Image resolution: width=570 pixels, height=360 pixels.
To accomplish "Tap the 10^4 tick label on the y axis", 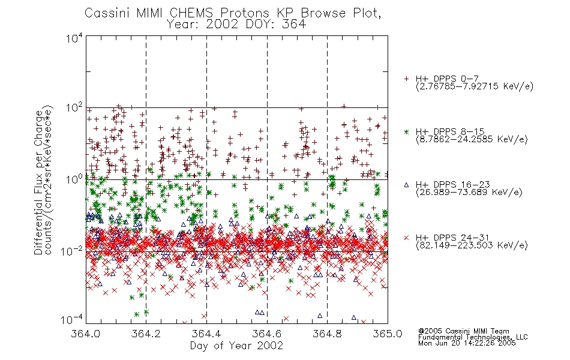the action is pos(74,38).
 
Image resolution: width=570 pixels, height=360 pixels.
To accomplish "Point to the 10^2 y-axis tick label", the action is pos(74,108).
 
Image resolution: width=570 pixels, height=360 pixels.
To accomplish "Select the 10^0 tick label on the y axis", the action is pos(74,179).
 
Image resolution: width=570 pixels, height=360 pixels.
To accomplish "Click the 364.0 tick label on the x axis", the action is pos(85,334).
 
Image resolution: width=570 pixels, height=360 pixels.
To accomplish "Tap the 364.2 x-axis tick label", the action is pos(146,334).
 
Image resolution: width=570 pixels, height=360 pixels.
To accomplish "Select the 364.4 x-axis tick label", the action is pos(206,334).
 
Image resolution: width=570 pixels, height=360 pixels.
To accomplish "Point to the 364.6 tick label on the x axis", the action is pos(266,334).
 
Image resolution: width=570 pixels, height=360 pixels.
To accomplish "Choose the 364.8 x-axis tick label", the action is pos(327,334).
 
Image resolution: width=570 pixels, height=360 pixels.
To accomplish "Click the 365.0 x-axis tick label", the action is pos(387,334).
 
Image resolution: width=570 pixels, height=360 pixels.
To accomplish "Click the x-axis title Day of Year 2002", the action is pos(236,346).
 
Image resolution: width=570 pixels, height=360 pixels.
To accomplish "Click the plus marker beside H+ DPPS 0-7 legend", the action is pos(406,79).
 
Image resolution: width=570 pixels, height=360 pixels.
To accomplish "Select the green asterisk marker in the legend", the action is pos(406,132).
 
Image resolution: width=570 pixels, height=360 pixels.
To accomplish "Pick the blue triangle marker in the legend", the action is pos(406,185).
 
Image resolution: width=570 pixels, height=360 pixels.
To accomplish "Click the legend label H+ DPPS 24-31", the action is pos(452,238).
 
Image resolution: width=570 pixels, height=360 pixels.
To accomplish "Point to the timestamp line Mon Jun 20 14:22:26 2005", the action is pos(467,343).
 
